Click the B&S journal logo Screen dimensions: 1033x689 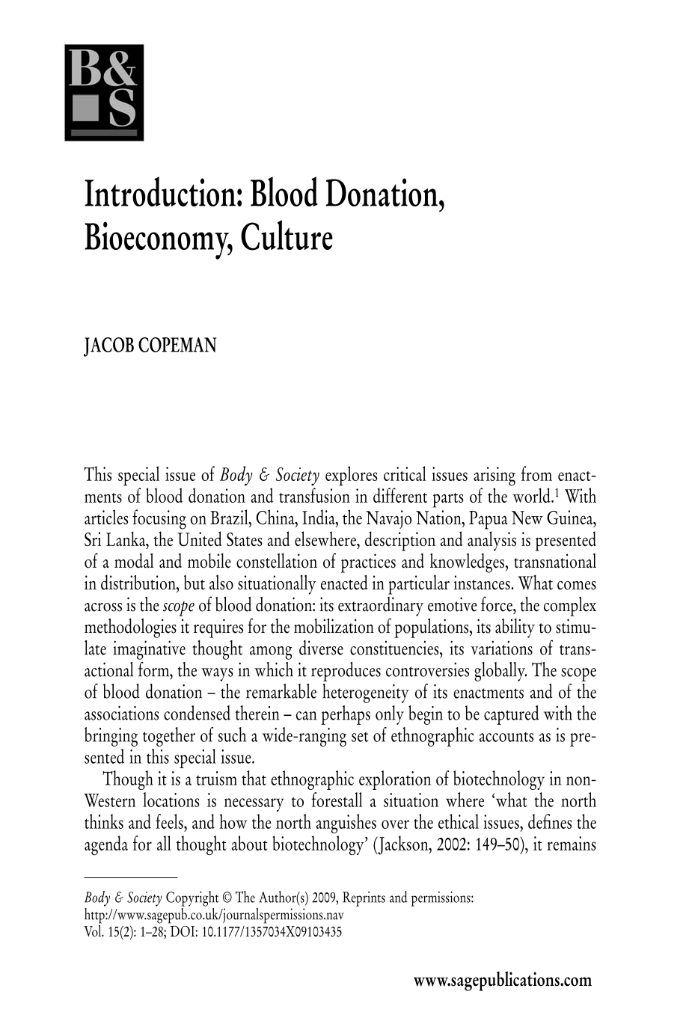(103, 92)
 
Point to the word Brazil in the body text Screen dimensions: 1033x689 (230, 518)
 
